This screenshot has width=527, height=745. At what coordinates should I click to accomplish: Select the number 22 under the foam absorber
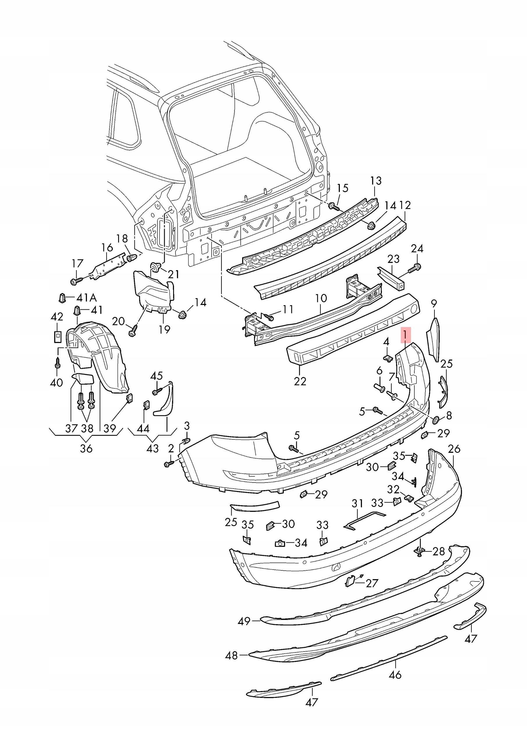pos(300,381)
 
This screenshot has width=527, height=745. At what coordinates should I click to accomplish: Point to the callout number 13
pos(376,181)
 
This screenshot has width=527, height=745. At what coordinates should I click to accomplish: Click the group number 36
pos(86,448)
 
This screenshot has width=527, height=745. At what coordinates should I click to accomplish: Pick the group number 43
pos(152,448)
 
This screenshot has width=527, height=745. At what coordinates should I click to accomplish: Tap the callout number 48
pos(231,656)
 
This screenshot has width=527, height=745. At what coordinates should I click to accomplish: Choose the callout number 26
pos(454,449)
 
